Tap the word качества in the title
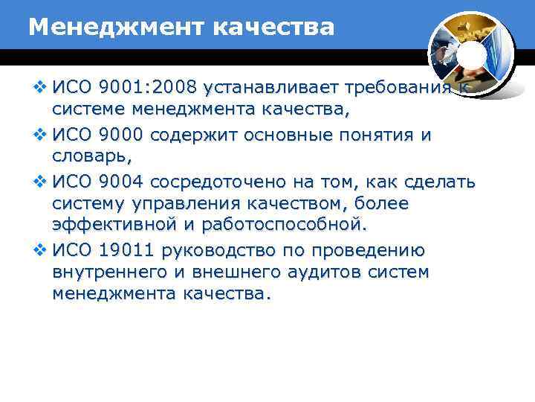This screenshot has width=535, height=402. pyautogui.click(x=273, y=28)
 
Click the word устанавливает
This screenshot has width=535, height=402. pyautogui.click(x=268, y=89)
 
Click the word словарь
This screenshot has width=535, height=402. pyautogui.click(x=88, y=159)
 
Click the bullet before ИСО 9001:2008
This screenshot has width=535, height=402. pyautogui.click(x=41, y=89)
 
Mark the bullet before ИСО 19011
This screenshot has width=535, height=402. pyautogui.click(x=41, y=251)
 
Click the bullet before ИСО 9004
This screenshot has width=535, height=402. pyautogui.click(x=41, y=182)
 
